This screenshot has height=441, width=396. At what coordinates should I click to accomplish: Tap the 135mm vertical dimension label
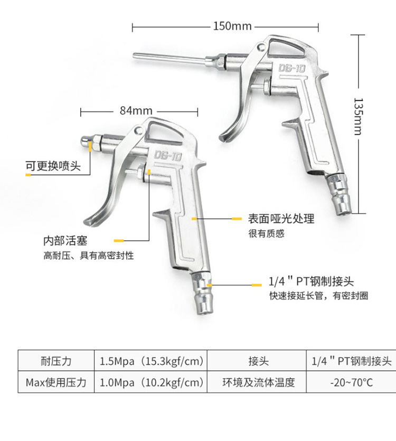point(359,116)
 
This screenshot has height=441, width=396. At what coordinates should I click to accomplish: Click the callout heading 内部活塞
point(65,241)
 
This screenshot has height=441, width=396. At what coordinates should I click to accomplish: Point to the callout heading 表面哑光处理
point(281,218)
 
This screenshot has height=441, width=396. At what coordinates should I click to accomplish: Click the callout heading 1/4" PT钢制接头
point(311,282)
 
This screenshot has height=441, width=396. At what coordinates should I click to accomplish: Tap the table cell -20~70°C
point(351,382)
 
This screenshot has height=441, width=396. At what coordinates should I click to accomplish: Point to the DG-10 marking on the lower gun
point(168,155)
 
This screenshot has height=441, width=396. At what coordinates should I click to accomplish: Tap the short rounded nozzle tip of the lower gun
point(87,141)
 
